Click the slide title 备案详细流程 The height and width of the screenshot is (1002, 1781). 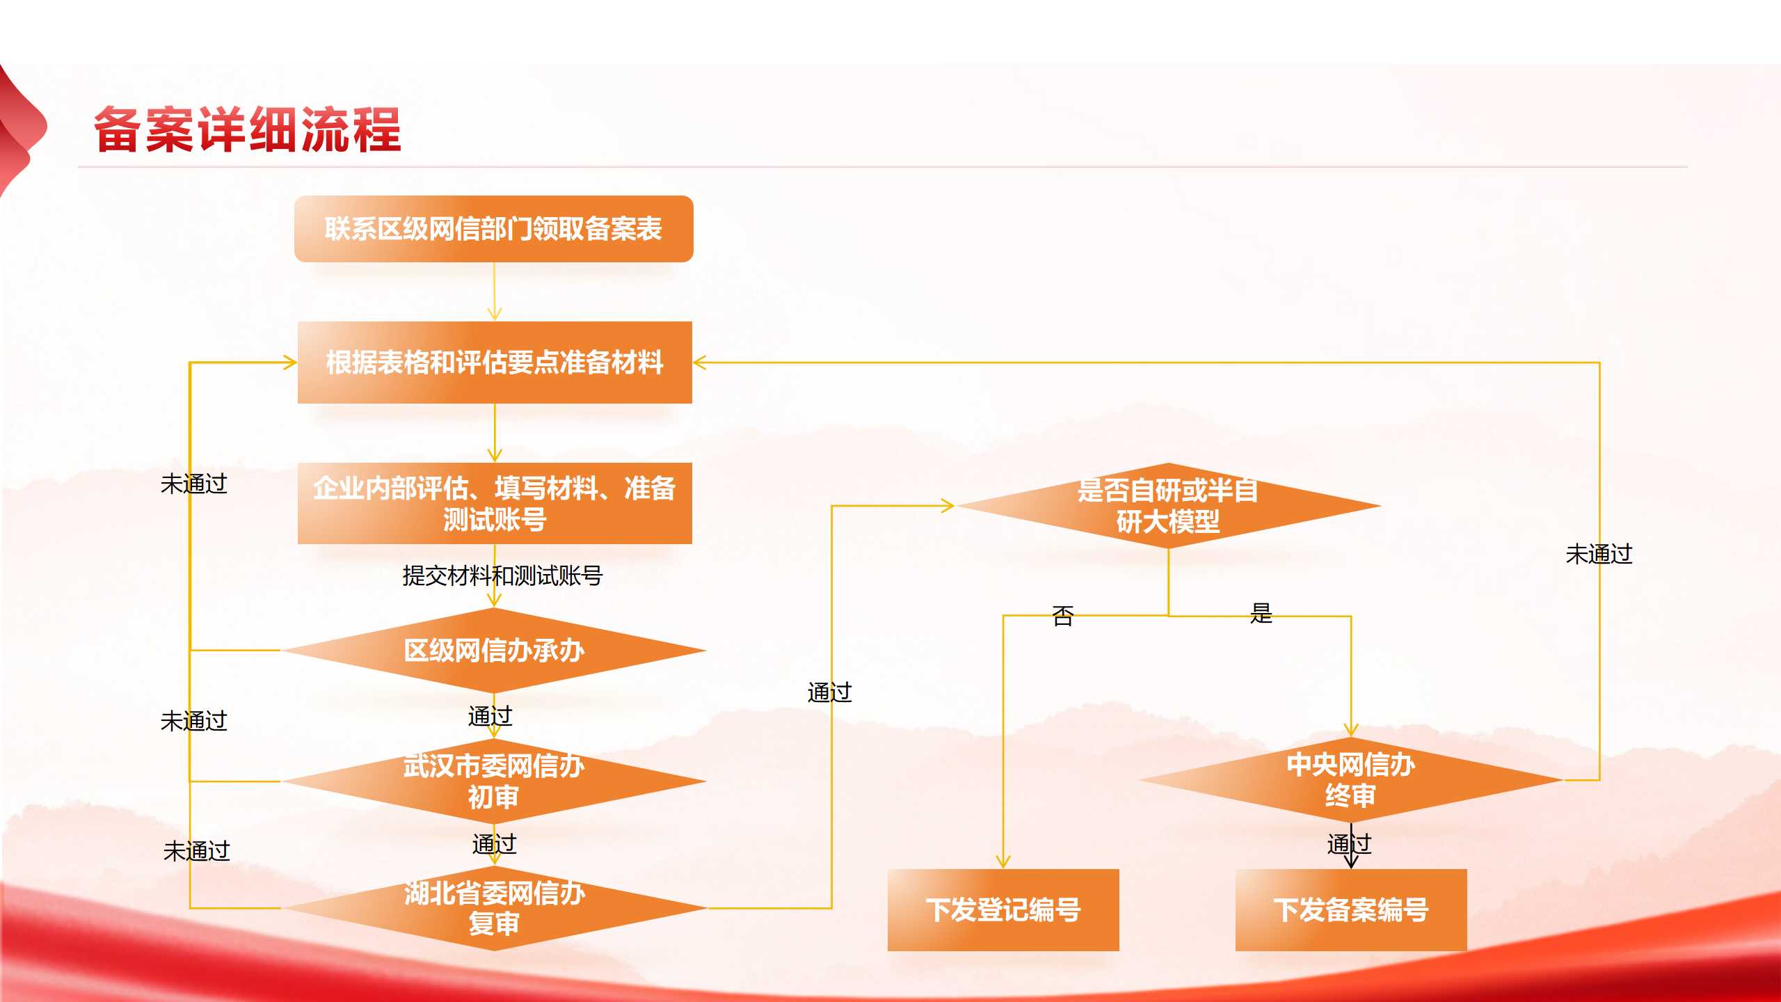coord(248,129)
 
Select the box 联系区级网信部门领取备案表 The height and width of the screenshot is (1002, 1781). coord(493,229)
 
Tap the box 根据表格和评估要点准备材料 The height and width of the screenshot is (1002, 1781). coord(495,363)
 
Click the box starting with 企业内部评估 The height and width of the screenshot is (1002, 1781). coord(495,503)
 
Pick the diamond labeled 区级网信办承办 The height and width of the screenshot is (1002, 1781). coord(494,651)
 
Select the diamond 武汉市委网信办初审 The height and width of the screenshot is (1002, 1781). coord(494,781)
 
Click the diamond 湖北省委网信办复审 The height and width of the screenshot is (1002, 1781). coord(494,908)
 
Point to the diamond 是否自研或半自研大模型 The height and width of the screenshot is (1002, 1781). coord(1168,506)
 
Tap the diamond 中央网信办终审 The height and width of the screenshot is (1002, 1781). coord(1350,780)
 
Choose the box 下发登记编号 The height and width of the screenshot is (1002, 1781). coord(1003,909)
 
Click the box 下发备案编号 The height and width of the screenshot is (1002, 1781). coord(1350,909)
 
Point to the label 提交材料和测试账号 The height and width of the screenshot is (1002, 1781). coord(502,576)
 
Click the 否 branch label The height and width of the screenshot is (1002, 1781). coord(1062,616)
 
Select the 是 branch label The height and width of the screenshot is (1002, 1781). coord(1261,613)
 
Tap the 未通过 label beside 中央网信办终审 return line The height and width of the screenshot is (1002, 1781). coord(1599,555)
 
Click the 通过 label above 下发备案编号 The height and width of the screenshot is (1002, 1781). coord(1349,844)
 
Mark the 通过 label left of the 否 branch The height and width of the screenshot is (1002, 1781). coord(829,692)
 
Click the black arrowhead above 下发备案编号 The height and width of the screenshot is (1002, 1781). coord(1351,861)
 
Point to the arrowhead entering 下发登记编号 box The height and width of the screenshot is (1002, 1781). coord(1003,862)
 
